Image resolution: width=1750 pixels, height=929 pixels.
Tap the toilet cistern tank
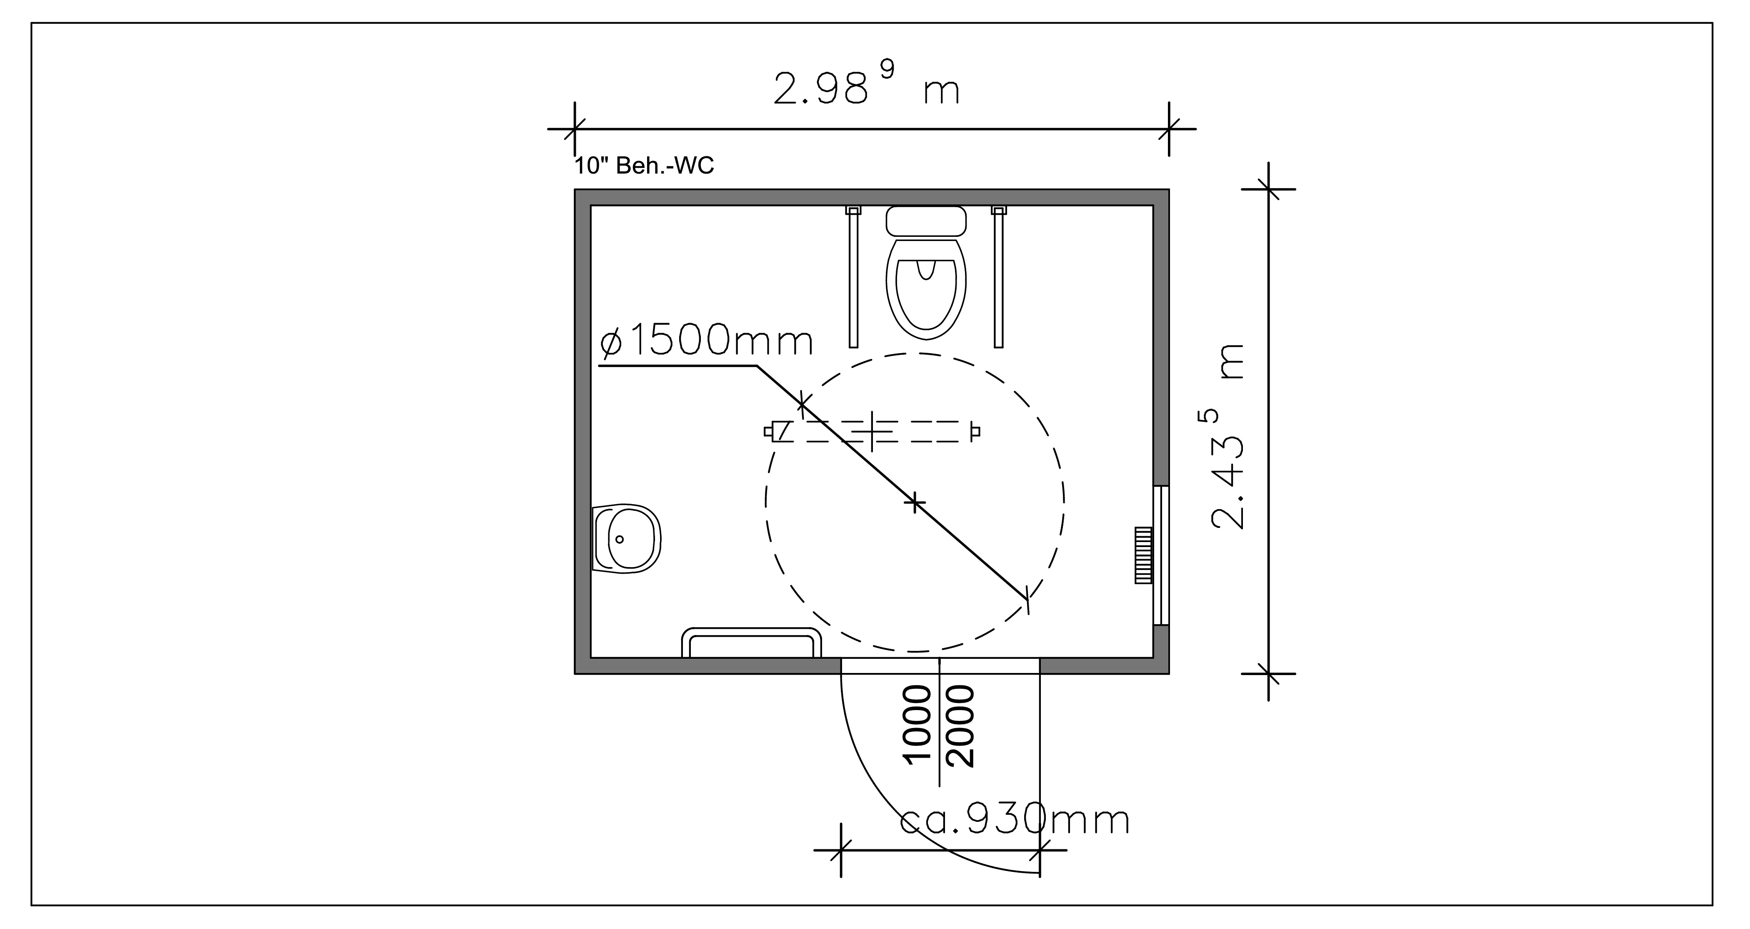point(926,221)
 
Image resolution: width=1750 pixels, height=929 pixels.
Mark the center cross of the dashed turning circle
point(915,502)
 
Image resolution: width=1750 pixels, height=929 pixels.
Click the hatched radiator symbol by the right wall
point(1143,555)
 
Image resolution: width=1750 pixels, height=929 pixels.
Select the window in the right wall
point(1161,555)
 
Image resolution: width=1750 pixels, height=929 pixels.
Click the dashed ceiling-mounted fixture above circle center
point(872,432)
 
